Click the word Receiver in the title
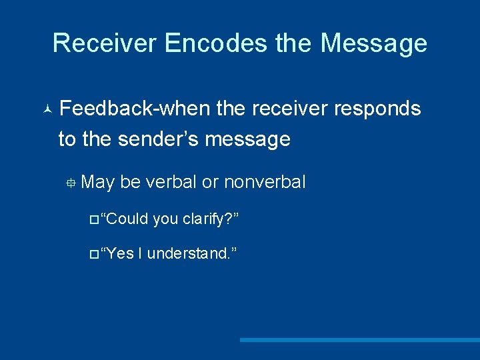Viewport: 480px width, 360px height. tap(104, 43)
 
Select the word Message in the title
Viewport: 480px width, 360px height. tap(373, 43)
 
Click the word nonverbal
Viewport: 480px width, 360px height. tap(265, 182)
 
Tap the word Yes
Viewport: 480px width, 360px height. tap(120, 253)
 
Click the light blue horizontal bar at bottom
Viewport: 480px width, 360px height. tap(360, 340)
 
